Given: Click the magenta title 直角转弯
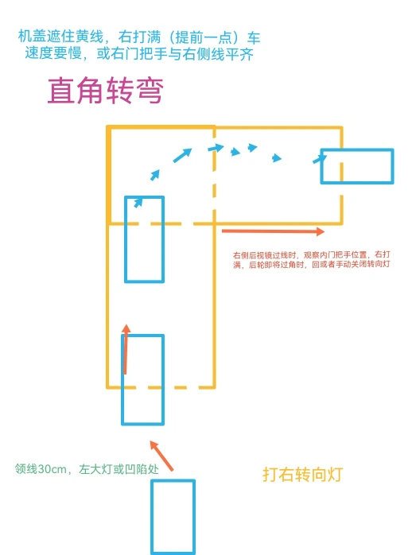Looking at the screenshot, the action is click(x=105, y=91).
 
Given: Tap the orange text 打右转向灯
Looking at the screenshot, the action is click(x=302, y=475).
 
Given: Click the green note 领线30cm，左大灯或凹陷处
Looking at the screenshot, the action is click(x=87, y=469).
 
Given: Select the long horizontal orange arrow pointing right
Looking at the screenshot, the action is click(x=273, y=231).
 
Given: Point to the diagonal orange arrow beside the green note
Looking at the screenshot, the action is click(x=161, y=456).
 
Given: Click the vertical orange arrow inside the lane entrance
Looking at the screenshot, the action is click(x=126, y=349).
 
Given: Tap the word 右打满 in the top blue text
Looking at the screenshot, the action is click(x=139, y=37).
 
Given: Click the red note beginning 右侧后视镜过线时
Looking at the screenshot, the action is click(x=312, y=259).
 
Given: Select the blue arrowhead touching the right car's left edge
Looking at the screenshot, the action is click(x=319, y=159).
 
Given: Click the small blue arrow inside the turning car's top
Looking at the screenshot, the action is click(x=138, y=202).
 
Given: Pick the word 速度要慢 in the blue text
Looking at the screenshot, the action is click(x=53, y=53).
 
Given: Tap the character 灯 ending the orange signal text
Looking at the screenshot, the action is click(x=335, y=475).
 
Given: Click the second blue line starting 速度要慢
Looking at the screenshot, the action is click(x=139, y=53).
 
